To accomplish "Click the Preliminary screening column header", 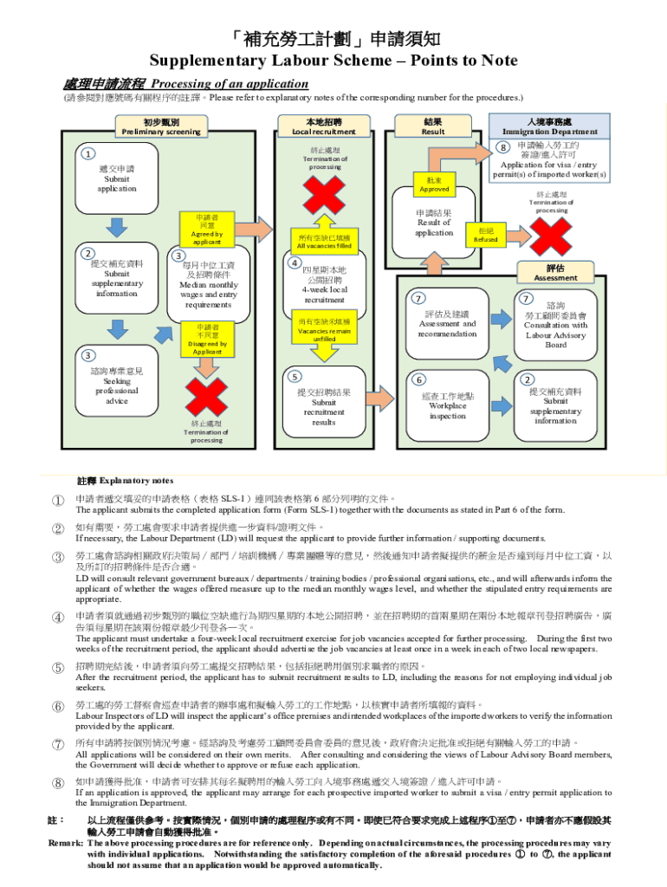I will point(160,126).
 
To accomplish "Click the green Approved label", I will point(434,184).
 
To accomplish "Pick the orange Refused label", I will point(486,235).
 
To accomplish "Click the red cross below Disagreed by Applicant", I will point(207,398).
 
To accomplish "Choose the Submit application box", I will point(116,178).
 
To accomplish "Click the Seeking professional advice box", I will point(116,385).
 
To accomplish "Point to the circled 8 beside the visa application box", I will point(503,148).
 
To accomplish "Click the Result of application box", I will point(433,223).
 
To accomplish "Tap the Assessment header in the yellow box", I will point(555,274).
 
